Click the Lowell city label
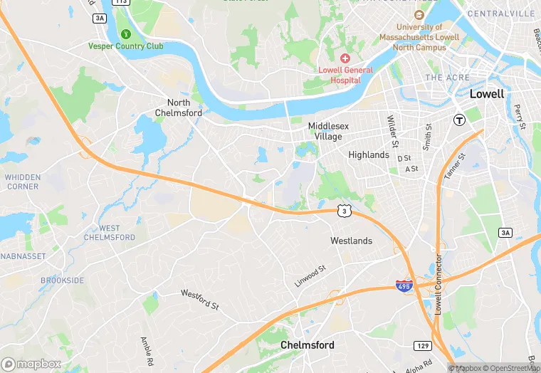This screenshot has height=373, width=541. point(487,94)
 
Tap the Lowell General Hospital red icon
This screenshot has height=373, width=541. point(345,58)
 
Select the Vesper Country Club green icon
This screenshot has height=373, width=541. point(126,33)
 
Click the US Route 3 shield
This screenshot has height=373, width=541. point(345,210)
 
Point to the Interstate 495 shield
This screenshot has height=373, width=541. point(404,286)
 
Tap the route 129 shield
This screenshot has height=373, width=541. point(423,345)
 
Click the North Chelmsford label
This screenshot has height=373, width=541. point(179,107)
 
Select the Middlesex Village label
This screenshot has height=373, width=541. point(325,131)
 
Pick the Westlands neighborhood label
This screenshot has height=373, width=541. point(351,241)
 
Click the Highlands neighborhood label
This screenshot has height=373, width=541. point(369,154)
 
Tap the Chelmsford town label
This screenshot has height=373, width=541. point(308,345)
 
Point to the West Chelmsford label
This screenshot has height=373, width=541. point(109,233)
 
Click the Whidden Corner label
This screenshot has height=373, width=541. point(22,182)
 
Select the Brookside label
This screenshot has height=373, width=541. point(62,280)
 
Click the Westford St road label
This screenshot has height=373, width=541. point(200,299)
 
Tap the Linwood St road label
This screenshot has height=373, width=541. point(310,276)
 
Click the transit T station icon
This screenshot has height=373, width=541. point(460,120)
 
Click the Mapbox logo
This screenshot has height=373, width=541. point(31,364)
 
